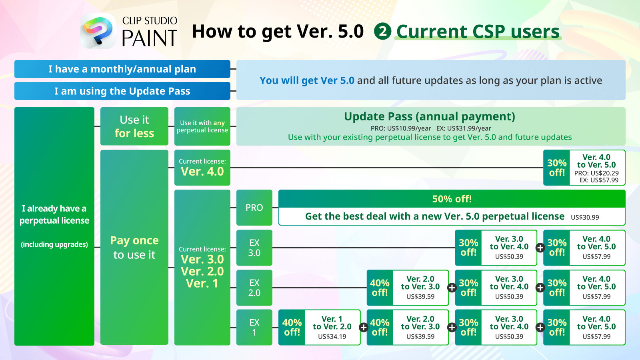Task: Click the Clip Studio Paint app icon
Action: pyautogui.click(x=98, y=31)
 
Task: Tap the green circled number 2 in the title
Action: pyautogui.click(x=382, y=31)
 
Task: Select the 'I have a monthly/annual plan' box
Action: pyautogui.click(x=122, y=69)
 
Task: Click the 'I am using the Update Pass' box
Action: pyautogui.click(x=122, y=91)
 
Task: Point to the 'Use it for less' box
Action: pyautogui.click(x=134, y=126)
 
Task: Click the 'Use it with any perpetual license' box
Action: pyautogui.click(x=202, y=126)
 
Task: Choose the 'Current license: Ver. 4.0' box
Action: pyautogui.click(x=202, y=168)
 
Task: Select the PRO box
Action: pyautogui.click(x=254, y=208)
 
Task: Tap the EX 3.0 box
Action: pyautogui.click(x=254, y=248)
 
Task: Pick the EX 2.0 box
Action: pyautogui.click(x=254, y=288)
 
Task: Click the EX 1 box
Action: pyautogui.click(x=254, y=328)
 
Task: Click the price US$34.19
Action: pyautogui.click(x=332, y=336)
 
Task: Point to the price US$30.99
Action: pyautogui.click(x=585, y=218)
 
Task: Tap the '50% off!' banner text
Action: pyautogui.click(x=452, y=199)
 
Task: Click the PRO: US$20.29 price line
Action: pyautogui.click(x=596, y=173)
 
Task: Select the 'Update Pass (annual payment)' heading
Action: pyautogui.click(x=430, y=116)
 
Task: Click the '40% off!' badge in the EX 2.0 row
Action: pyautogui.click(x=380, y=288)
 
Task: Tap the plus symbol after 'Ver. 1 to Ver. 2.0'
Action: pyautogui.click(x=364, y=328)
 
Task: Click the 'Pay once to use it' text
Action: pyautogui.click(x=134, y=248)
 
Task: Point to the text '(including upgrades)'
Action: pyautogui.click(x=54, y=244)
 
